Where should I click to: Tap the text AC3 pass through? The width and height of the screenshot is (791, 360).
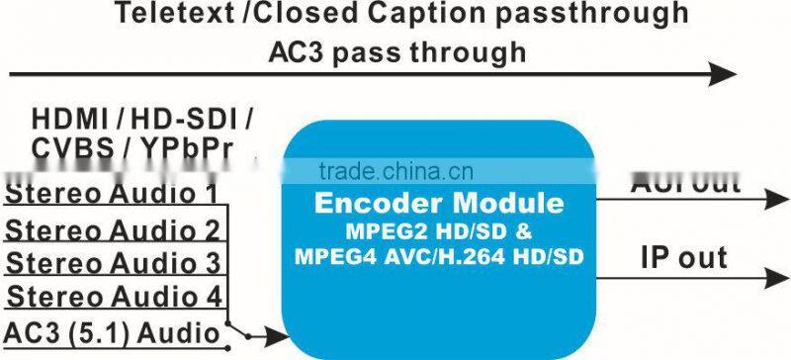click(396, 51)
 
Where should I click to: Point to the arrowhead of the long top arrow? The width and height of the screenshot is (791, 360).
click(728, 73)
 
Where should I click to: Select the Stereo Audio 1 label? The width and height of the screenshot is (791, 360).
click(112, 193)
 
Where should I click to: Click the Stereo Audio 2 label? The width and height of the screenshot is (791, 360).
click(112, 229)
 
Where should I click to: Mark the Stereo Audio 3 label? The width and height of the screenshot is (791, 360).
click(112, 264)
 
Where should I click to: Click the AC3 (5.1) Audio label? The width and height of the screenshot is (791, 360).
click(111, 333)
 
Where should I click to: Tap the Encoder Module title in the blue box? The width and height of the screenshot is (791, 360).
click(438, 205)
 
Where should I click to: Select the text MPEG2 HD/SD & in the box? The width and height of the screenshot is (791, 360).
click(437, 234)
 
